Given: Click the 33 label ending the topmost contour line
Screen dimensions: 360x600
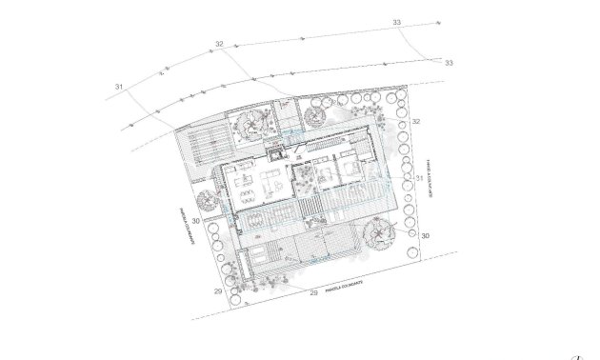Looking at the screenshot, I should [x=397, y=22].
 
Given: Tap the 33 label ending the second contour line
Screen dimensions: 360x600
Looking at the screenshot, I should [x=449, y=63].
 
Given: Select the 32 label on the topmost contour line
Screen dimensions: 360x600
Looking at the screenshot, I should [x=219, y=44].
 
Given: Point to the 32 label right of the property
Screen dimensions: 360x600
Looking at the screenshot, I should [x=416, y=121].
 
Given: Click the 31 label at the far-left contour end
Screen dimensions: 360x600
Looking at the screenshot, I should [x=120, y=87].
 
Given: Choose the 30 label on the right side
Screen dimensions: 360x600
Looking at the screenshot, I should [x=426, y=234].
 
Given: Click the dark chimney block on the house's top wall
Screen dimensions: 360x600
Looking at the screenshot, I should [x=277, y=150].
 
